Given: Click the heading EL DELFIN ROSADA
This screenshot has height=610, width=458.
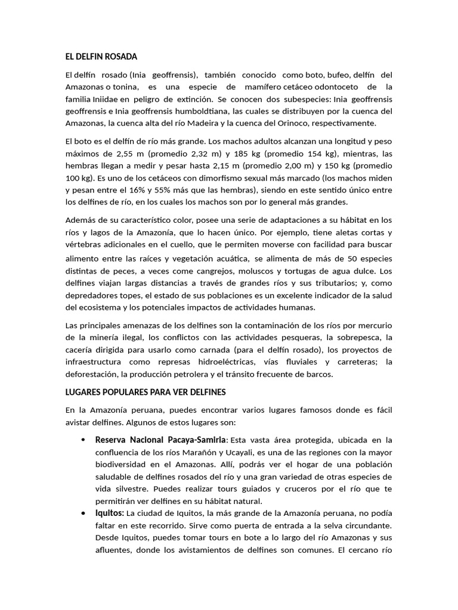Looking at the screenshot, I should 101,57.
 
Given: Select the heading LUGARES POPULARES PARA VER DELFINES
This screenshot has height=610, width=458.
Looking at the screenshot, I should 145,393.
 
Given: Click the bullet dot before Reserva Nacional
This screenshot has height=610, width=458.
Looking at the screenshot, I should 82,440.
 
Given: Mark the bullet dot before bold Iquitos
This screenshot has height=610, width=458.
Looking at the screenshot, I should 82,513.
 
